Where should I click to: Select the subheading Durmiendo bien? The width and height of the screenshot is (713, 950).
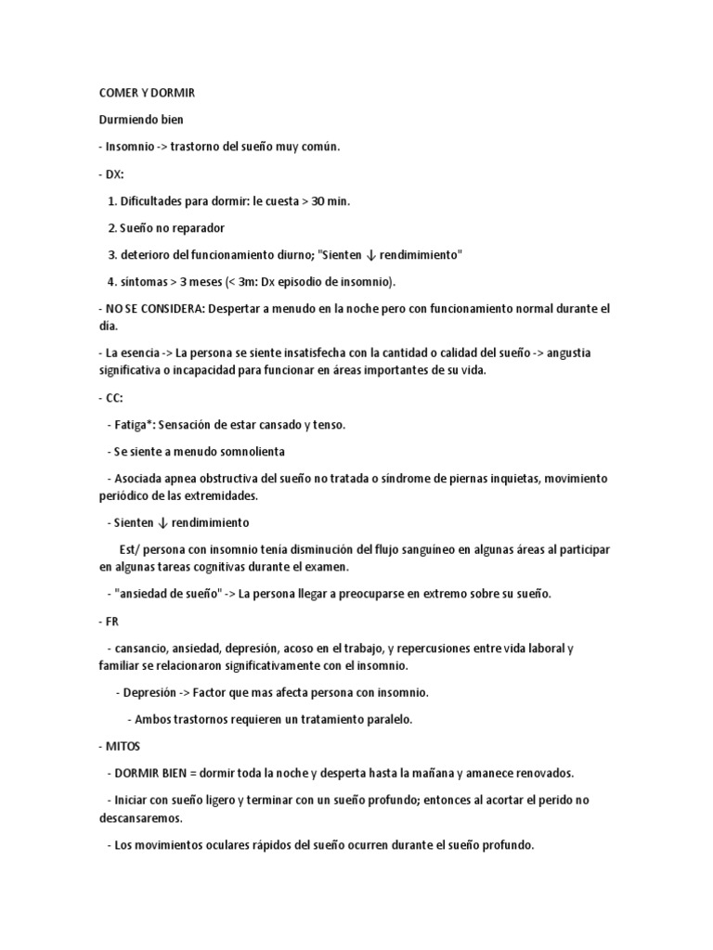click(141, 120)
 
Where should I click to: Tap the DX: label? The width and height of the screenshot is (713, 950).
click(114, 173)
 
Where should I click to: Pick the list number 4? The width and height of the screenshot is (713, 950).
click(111, 281)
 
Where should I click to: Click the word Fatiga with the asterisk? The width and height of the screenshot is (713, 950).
click(135, 424)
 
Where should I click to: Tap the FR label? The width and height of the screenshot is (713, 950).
click(113, 621)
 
